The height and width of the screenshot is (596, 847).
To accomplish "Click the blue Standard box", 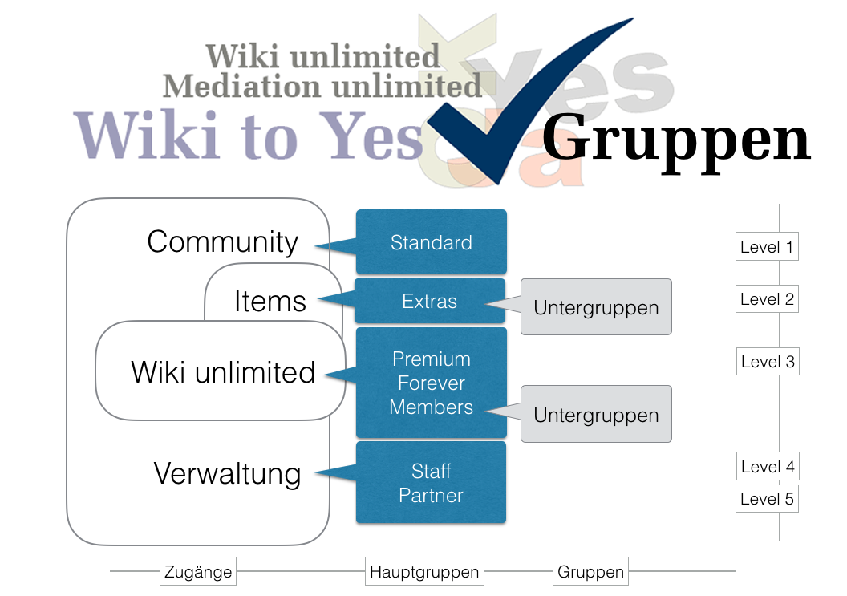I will pyautogui.click(x=431, y=242).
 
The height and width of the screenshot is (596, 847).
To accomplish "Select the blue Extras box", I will pyautogui.click(x=430, y=302).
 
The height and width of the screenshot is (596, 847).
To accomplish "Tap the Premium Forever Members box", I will pyautogui.click(x=431, y=383).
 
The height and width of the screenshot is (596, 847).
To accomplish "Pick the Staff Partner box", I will pyautogui.click(x=431, y=483).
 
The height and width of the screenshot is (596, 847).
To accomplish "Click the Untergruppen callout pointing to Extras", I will pyautogui.click(x=596, y=307).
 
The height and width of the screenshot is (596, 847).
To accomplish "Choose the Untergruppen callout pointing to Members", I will pyautogui.click(x=596, y=415).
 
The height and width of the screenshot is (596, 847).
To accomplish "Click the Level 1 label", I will pyautogui.click(x=767, y=247).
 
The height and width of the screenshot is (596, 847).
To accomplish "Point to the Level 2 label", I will pyautogui.click(x=767, y=299).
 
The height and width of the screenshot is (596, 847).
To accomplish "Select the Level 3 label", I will pyautogui.click(x=767, y=362).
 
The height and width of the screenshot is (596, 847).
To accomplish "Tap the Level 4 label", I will pyautogui.click(x=767, y=466).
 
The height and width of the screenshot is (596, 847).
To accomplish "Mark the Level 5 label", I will pyautogui.click(x=767, y=499).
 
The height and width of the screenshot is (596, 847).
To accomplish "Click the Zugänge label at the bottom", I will pyautogui.click(x=198, y=572).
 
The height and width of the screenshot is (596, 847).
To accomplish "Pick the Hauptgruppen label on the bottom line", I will pyautogui.click(x=424, y=572).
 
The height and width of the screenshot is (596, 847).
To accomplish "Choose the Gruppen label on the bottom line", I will pyautogui.click(x=590, y=572).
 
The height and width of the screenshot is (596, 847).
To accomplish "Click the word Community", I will pyautogui.click(x=223, y=241).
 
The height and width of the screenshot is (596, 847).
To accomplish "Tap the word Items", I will pyautogui.click(x=270, y=302).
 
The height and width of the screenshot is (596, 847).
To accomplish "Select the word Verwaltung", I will pyautogui.click(x=227, y=473).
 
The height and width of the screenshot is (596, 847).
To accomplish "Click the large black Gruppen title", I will pyautogui.click(x=676, y=139).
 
